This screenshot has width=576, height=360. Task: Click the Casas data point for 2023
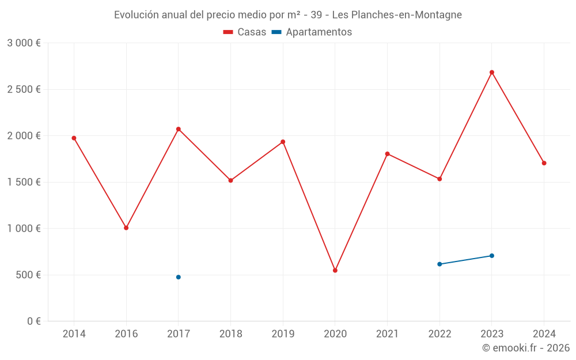coord(492,73)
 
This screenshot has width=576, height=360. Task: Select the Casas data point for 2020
coord(335,270)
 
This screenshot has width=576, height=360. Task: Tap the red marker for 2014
coord(74,138)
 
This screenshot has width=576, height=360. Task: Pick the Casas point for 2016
coord(126,228)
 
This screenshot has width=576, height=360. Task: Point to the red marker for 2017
coord(179,129)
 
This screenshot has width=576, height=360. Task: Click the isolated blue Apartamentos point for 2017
coord(179,277)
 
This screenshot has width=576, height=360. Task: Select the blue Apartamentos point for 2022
coord(439,264)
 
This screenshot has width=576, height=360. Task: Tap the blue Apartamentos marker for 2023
coord(492,256)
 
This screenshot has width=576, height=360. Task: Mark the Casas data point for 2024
coord(544,163)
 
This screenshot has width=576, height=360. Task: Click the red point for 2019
coord(283,142)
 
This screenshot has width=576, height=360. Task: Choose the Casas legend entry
coord(245,32)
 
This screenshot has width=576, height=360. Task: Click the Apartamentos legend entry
coord(312,32)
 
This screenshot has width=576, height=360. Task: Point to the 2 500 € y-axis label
coord(24,89)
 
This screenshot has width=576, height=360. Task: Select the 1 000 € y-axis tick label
coord(24,228)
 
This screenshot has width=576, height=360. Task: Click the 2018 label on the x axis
coord(230,334)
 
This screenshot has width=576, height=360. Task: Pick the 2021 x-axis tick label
coord(387,334)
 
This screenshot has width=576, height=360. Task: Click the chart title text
coord(288,15)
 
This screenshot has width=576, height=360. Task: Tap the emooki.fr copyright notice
coord(525,348)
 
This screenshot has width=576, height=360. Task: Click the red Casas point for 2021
coord(387,154)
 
